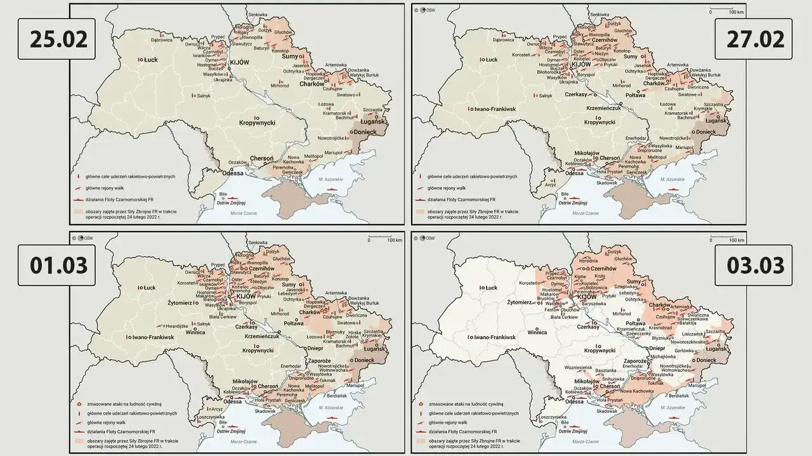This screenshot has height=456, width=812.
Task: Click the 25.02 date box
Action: (x=56, y=39)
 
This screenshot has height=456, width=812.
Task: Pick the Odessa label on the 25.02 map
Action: (x=232, y=173)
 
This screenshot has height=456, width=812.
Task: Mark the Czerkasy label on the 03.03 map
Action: (x=587, y=326)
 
